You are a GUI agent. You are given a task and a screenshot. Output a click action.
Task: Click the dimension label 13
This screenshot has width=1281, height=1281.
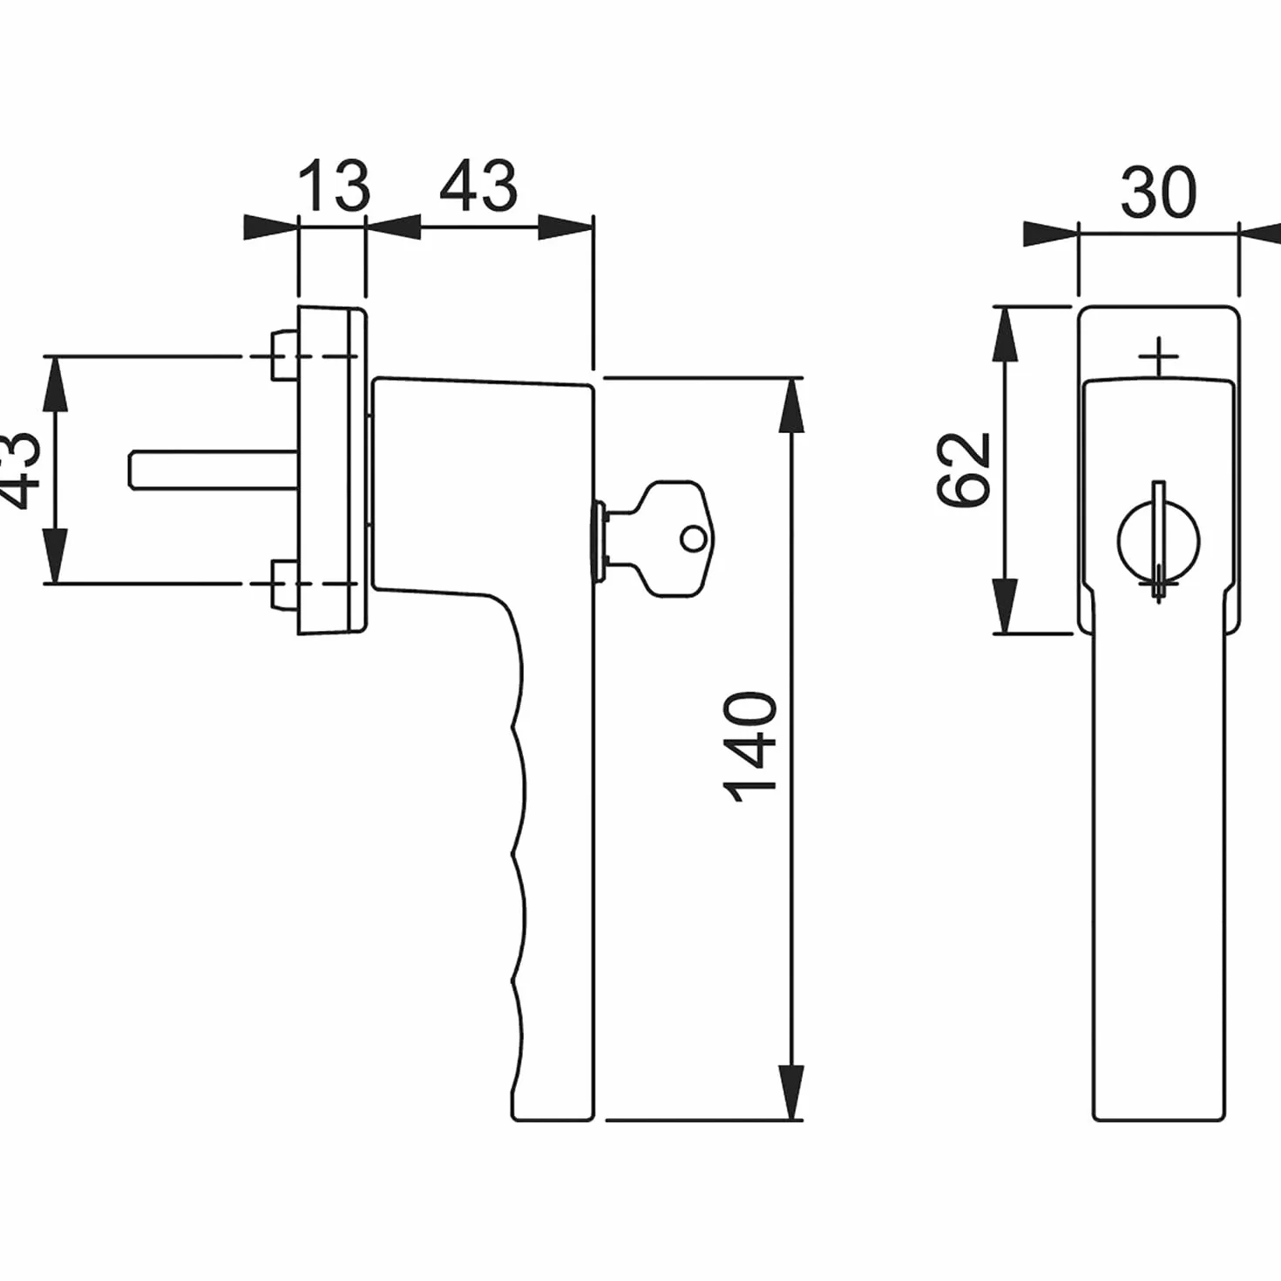click(333, 186)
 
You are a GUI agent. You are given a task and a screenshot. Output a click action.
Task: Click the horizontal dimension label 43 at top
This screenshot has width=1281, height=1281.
click(478, 186)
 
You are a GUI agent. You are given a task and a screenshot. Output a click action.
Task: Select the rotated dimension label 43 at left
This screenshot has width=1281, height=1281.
click(20, 470)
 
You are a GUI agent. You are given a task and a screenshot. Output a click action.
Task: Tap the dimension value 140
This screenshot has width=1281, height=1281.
click(749, 747)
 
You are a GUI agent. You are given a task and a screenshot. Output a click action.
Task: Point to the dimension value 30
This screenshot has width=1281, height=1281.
click(1159, 193)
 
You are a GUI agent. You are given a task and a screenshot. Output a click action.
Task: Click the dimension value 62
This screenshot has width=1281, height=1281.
click(963, 470)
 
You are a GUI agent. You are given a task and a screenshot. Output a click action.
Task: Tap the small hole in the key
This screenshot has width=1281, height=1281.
click(694, 539)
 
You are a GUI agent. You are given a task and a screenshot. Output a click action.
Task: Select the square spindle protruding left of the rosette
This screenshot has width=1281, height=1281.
click(213, 471)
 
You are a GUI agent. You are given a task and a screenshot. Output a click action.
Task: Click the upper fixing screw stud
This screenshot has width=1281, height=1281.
click(284, 356)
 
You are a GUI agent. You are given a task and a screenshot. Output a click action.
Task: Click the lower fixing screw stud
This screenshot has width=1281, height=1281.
click(284, 585)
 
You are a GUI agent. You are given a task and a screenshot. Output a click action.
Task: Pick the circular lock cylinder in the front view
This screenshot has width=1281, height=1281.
click(1159, 542)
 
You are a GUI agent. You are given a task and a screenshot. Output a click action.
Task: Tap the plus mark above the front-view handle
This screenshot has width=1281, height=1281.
click(1159, 356)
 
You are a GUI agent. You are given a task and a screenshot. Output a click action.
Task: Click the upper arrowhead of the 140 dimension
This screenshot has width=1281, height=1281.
click(791, 405)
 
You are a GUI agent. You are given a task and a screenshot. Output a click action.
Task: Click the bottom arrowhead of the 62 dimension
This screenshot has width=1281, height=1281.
click(1005, 606)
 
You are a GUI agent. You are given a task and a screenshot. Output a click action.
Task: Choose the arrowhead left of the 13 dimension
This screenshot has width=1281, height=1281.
click(270, 227)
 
